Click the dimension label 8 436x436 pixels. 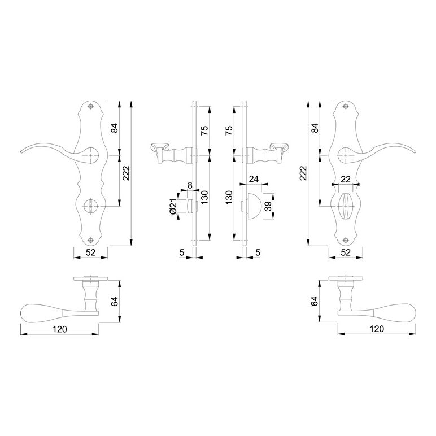point(190,185)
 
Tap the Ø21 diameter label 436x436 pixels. point(173,207)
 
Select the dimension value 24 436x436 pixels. point(254,179)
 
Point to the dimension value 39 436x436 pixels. point(268,206)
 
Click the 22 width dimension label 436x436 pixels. point(345,180)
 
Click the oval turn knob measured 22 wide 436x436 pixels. point(346,206)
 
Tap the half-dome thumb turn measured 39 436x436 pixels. point(254,206)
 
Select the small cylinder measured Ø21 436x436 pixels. point(190,206)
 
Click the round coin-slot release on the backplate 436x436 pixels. point(90,206)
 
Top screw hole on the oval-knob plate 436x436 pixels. point(346,107)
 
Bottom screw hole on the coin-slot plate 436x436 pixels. point(90,240)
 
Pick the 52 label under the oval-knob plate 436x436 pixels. point(346,252)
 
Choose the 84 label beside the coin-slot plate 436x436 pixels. point(114,128)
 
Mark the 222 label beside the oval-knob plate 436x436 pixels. point(303,173)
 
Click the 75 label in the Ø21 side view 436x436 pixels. point(204,130)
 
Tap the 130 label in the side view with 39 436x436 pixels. point(229,198)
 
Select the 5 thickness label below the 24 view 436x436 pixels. point(258,252)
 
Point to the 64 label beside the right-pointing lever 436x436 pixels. point(314,302)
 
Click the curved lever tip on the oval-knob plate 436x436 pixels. point(414,151)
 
